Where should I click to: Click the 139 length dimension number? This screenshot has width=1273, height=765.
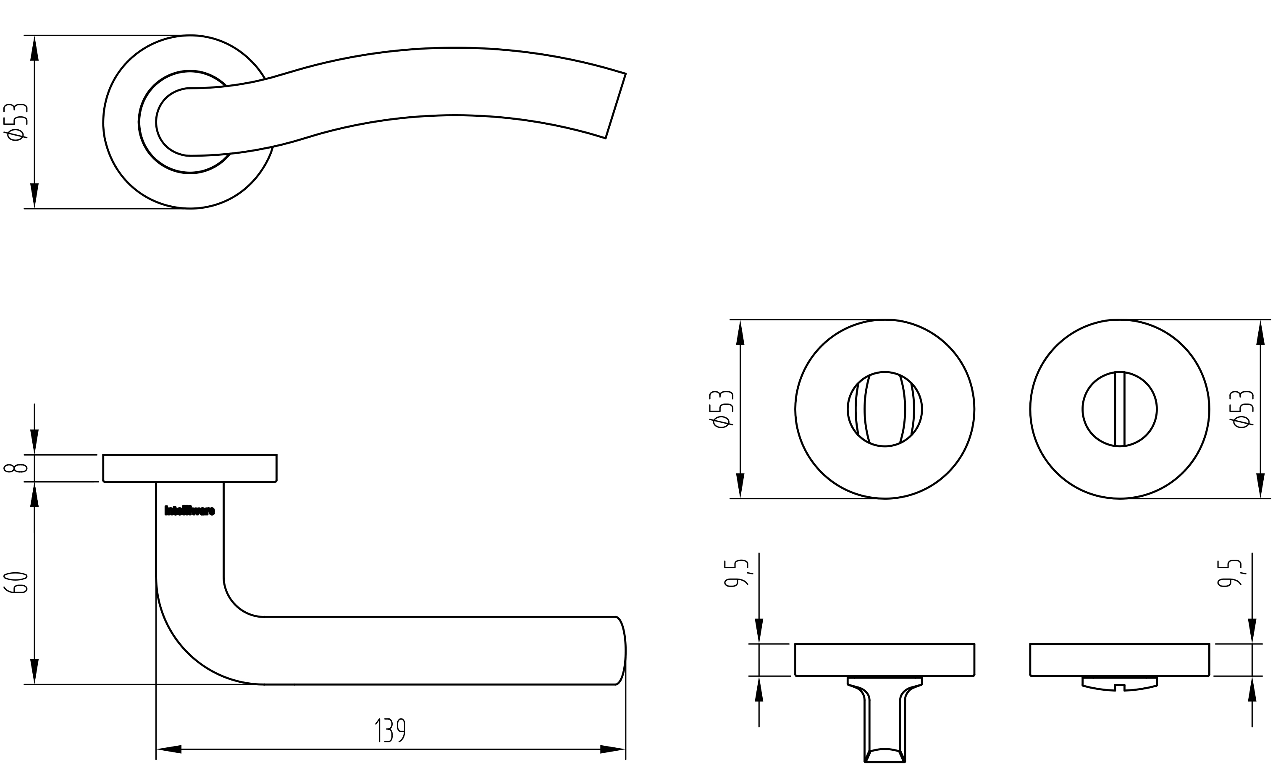[390, 731]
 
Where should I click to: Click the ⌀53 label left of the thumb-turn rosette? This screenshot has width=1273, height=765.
[722, 409]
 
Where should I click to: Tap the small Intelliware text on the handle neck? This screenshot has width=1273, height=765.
[189, 511]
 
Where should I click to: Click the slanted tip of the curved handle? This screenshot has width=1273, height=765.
[616, 106]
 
